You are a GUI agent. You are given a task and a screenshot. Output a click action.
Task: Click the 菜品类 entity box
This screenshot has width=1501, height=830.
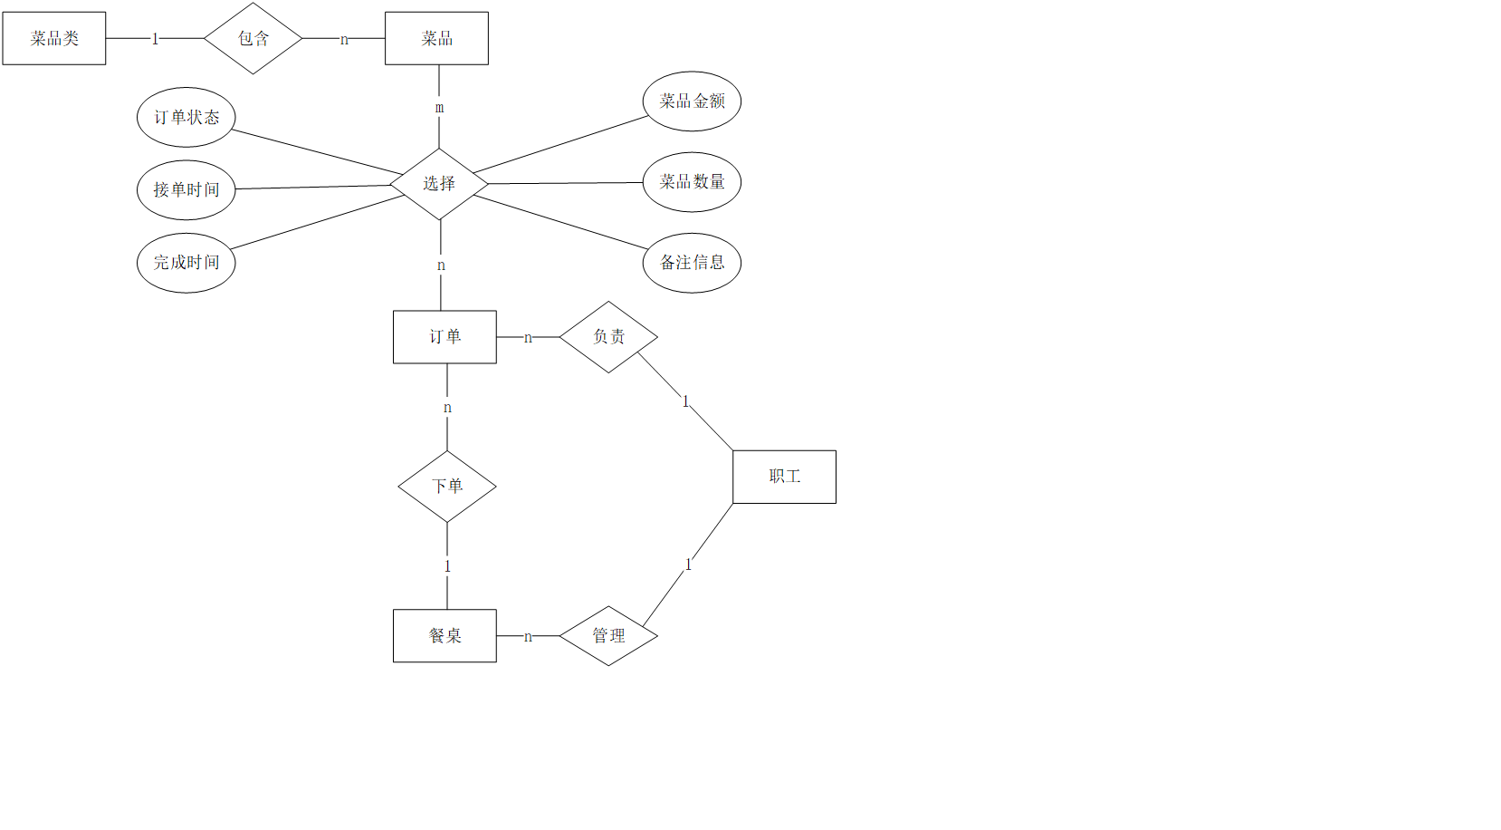(x=54, y=38)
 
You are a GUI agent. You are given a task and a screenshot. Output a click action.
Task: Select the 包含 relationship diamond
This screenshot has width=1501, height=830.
(x=253, y=38)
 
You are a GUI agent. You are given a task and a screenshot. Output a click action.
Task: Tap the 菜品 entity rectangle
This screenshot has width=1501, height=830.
(x=436, y=38)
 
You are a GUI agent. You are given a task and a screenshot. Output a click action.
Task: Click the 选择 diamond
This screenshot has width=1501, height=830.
(x=439, y=184)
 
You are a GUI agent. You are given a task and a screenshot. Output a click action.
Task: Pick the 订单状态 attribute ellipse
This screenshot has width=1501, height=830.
(x=186, y=117)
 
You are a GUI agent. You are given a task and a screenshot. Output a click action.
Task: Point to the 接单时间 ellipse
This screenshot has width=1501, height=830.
(x=186, y=189)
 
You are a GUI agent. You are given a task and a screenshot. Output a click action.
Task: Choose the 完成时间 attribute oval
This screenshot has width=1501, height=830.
(x=186, y=263)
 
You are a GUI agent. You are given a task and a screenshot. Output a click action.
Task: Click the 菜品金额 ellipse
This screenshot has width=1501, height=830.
(x=692, y=101)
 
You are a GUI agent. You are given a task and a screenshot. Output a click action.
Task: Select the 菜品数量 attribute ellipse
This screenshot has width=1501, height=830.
(x=692, y=182)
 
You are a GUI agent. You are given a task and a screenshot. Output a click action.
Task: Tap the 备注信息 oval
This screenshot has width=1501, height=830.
(x=692, y=263)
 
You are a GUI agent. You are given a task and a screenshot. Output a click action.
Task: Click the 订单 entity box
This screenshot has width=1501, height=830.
(x=445, y=337)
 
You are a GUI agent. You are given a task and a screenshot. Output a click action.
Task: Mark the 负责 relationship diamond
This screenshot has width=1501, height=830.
(x=608, y=337)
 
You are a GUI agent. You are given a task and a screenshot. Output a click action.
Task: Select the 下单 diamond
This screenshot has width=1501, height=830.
(x=447, y=487)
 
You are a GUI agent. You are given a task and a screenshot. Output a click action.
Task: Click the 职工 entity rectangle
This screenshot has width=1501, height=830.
(x=784, y=477)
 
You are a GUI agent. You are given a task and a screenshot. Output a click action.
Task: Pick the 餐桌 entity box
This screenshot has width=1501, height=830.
(x=445, y=636)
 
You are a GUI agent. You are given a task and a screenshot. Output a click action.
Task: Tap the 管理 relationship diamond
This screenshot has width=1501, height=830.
(x=608, y=636)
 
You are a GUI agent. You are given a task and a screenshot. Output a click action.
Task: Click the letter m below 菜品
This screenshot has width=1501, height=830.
(x=440, y=108)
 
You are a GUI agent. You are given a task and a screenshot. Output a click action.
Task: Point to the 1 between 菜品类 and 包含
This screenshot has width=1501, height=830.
(x=155, y=39)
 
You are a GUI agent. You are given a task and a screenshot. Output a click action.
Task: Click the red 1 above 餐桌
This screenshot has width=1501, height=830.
(x=447, y=566)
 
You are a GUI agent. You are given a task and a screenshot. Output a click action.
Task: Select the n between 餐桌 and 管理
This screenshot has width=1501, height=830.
(x=528, y=637)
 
